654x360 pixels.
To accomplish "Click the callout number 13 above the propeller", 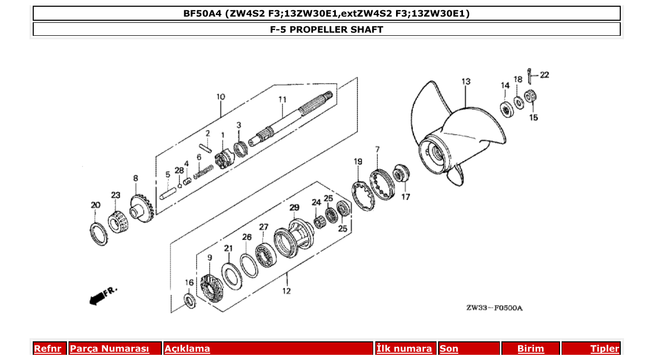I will pos(466,81).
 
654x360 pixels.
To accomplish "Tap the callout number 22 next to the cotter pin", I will pos(544,75).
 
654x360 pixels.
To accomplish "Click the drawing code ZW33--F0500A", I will pos(494,308).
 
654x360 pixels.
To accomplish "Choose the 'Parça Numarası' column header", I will pos(110,349).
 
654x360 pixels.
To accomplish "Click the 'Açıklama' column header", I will pos(187,349).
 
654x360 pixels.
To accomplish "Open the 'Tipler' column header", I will pos(604,349).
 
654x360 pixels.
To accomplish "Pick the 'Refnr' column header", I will pos(47,349).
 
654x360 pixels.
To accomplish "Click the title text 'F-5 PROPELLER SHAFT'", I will pos(326,30).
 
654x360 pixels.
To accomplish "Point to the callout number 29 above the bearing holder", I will pos(294,207).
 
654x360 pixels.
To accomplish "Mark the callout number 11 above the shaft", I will pos(282,99).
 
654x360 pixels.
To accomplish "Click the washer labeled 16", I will pos(190,301).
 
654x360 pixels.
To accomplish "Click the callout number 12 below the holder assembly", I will pos(287,291).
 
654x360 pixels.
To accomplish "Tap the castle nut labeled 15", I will pos(530,96).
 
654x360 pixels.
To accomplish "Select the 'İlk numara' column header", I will pos(404,349).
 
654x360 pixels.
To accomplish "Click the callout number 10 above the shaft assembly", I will pos(221,97).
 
